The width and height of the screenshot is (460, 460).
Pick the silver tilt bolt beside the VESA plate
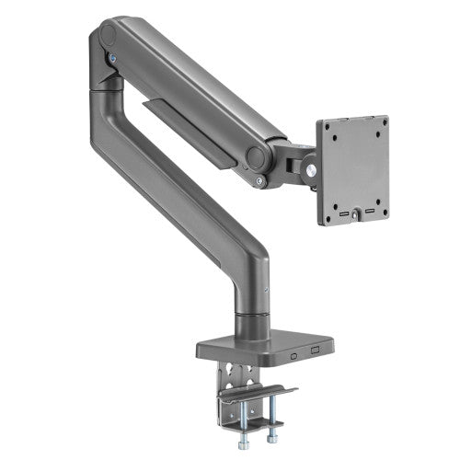[x=311, y=169]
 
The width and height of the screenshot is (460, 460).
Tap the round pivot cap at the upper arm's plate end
[x=260, y=156]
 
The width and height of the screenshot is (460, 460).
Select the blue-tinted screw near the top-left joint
[x=113, y=59]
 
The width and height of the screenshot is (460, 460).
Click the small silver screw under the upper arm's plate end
[x=260, y=181]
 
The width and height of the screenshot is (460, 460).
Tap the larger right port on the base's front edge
[x=315, y=351]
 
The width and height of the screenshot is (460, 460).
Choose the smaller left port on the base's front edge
[x=292, y=352]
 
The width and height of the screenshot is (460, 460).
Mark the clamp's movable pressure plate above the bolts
[x=258, y=395]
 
